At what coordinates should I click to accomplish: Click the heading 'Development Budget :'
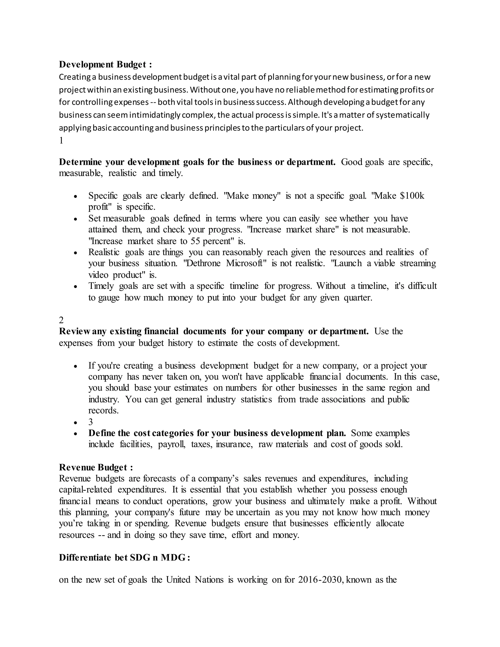(x=105, y=64)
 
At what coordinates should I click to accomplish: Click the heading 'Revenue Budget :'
(x=96, y=467)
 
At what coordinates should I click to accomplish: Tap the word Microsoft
(x=245, y=263)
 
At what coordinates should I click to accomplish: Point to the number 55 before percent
(x=196, y=241)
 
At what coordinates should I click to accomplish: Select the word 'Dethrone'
(x=202, y=263)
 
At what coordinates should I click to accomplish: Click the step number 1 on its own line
(x=61, y=140)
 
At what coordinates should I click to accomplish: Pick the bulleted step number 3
(x=91, y=422)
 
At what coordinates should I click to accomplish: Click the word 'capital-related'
(x=85, y=489)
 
